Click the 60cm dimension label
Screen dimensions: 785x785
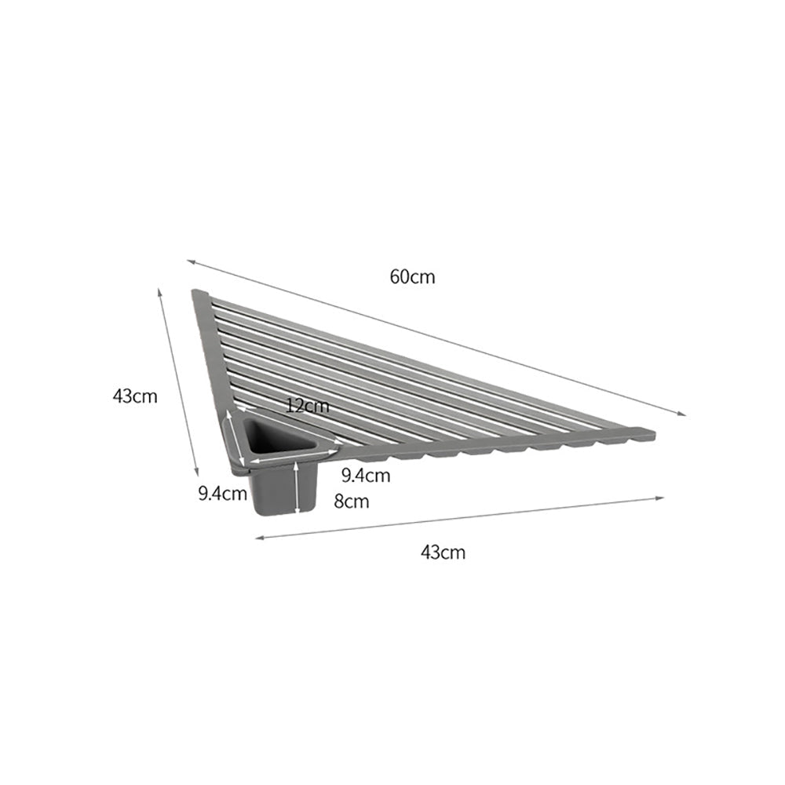[x=412, y=276]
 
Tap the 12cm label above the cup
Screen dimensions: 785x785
[x=308, y=406]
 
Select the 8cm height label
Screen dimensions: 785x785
[x=351, y=502]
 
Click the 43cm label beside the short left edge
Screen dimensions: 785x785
[x=135, y=396]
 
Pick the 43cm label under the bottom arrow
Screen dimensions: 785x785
[x=443, y=552]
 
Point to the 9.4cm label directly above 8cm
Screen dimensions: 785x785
[x=366, y=475]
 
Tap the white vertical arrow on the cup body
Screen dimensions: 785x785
[x=294, y=488]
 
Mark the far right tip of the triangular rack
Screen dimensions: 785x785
[x=652, y=430]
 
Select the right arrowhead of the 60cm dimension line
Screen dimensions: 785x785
[x=684, y=414]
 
